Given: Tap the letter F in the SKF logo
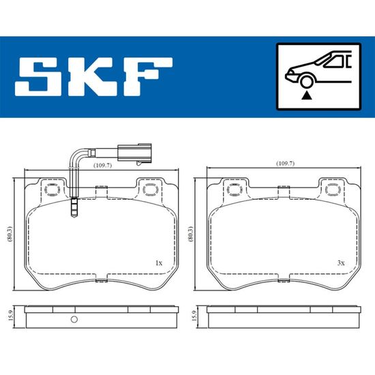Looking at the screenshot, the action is coord(148,77).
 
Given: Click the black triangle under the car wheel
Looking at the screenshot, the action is coord(307,96).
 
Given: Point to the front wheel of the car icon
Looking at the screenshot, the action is coord(307,81).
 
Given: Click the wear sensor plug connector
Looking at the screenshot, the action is coord(134,152).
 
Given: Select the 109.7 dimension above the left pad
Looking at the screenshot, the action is coord(102,165).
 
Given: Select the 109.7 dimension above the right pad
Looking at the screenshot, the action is coord(285,164).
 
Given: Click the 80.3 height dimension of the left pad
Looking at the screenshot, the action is coord(10,234).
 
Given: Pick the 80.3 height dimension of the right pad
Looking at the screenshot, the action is coord(191,234).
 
